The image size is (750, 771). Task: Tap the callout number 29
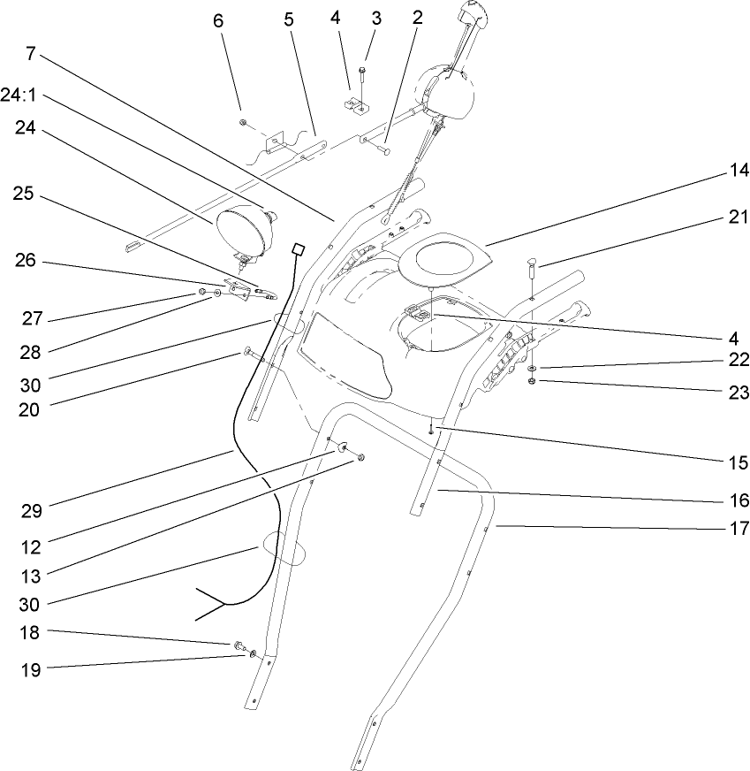tap(31, 510)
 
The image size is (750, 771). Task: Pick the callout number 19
tap(31, 669)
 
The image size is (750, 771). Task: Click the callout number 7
tap(31, 52)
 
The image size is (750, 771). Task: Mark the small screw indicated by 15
tap(430, 429)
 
